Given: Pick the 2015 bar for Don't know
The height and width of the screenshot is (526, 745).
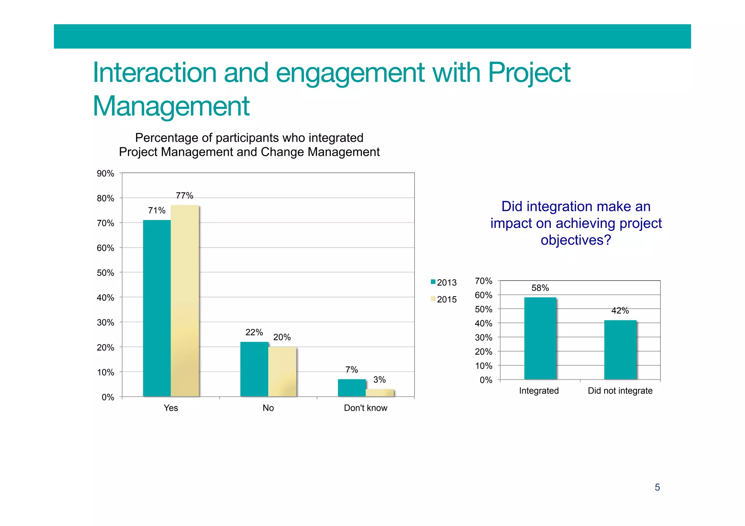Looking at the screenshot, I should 380,393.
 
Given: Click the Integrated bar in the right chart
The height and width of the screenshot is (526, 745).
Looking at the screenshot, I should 540,338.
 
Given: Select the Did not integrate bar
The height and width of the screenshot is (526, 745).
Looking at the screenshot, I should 620,350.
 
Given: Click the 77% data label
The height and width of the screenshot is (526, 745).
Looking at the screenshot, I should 184,196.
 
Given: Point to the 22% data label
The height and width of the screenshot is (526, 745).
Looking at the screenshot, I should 254,332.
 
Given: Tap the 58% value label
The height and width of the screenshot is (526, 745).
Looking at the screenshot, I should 540,288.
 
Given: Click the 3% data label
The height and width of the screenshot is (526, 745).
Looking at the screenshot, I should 379,380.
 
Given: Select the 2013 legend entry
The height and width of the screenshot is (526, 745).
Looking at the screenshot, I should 443,282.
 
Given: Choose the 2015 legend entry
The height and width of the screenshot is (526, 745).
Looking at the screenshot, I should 443,299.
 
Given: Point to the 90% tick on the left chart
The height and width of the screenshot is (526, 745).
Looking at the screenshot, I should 105,173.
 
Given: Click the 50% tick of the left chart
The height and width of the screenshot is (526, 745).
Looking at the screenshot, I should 105,273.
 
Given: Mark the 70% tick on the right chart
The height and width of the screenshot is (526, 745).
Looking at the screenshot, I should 483,281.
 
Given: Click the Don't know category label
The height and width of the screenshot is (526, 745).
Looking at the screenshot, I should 366,408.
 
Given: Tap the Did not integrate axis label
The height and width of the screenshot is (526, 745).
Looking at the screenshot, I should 620,391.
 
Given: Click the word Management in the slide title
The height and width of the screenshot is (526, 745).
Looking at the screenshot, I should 171,106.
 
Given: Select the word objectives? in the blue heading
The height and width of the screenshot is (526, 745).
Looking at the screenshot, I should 575,240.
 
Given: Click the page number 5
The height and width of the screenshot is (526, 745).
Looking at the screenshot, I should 657,487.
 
